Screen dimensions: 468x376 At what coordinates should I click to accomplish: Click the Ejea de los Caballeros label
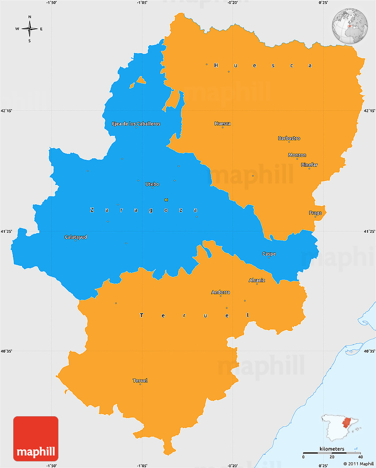(136, 123)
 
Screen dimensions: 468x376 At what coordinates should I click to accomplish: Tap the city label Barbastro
(289, 138)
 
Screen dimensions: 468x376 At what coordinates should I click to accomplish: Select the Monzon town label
(297, 155)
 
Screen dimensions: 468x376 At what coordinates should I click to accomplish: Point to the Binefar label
(309, 165)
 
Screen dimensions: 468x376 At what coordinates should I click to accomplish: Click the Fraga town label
(315, 213)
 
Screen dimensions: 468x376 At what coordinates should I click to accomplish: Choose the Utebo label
(152, 184)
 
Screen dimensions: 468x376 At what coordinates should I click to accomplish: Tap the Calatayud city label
(76, 237)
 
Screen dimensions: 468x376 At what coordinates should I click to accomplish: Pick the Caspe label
(269, 253)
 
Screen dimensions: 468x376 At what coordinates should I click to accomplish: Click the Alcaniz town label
(257, 280)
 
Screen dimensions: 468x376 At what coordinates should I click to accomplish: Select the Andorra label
(220, 292)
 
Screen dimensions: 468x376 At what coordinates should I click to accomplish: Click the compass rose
(30, 29)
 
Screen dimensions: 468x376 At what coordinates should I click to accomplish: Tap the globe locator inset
(350, 26)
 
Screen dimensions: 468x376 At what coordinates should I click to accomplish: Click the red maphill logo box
(36, 439)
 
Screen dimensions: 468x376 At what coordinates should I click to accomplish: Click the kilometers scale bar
(332, 453)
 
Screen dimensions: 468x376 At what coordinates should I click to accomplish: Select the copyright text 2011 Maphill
(358, 464)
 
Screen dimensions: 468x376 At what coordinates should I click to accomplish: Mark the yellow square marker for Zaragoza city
(166, 199)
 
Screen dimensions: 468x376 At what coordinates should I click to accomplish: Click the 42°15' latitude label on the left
(6, 111)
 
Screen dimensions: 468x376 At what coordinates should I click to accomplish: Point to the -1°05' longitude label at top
(142, 3)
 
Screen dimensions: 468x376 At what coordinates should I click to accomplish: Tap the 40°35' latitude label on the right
(369, 352)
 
